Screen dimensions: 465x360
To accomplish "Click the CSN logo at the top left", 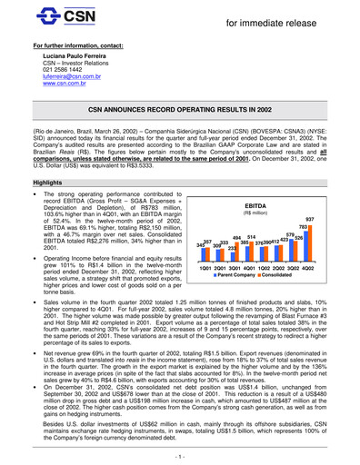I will tap(48, 16).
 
